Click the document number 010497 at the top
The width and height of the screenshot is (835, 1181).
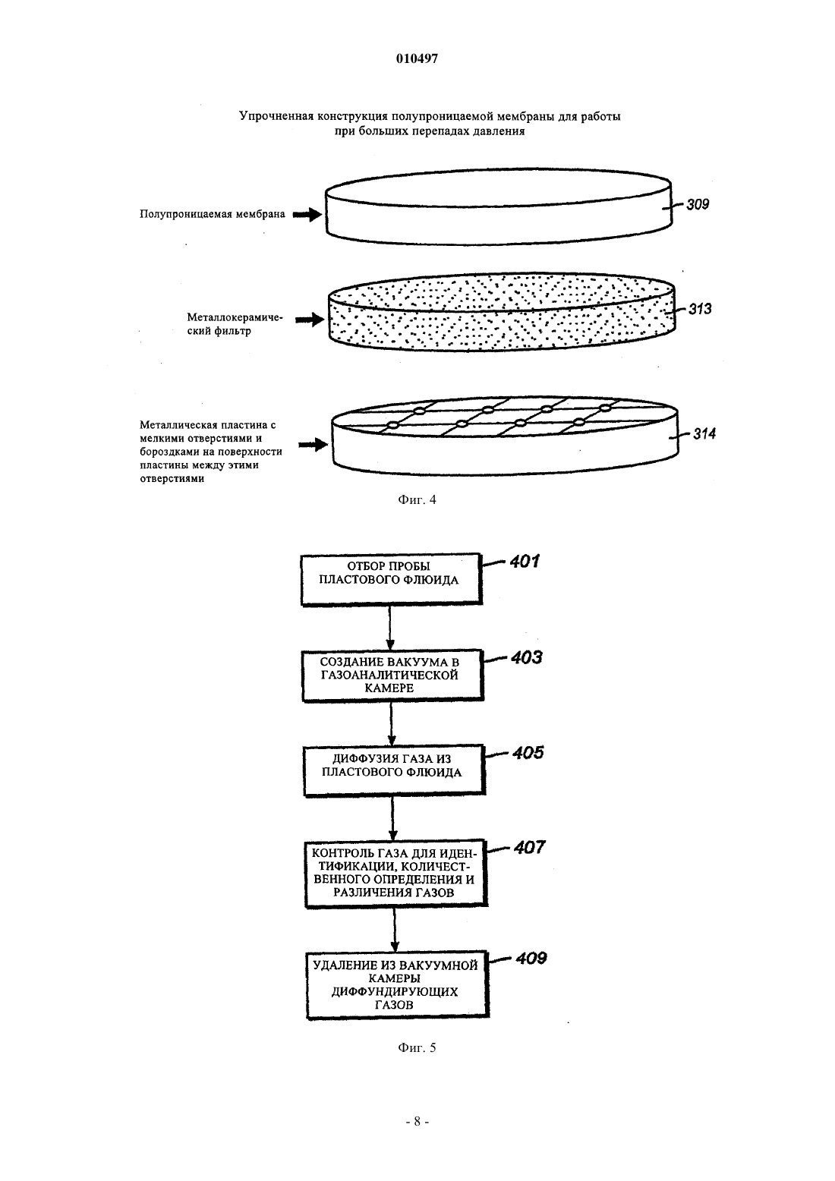pyautogui.click(x=417, y=58)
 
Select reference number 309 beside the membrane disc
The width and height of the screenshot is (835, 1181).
pyautogui.click(x=698, y=205)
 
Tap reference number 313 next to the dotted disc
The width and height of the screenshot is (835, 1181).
pyautogui.click(x=700, y=309)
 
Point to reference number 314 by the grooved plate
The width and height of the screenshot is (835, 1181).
pyautogui.click(x=704, y=434)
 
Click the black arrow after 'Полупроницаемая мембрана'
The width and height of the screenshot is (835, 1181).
pyautogui.click(x=307, y=214)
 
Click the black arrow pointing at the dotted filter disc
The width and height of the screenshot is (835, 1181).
pyautogui.click(x=310, y=320)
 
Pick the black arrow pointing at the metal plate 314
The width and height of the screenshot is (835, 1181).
pyautogui.click(x=313, y=445)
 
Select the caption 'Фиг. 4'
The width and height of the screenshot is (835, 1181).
pyautogui.click(x=417, y=500)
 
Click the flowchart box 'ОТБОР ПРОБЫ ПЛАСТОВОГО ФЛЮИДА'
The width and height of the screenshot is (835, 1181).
pyautogui.click(x=392, y=579)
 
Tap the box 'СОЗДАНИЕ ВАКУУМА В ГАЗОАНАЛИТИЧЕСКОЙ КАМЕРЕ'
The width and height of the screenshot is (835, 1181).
pyautogui.click(x=392, y=676)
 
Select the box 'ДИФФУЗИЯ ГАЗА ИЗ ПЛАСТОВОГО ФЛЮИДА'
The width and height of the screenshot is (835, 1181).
pyautogui.click(x=394, y=770)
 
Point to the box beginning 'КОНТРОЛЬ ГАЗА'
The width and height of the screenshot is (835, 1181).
pyautogui.click(x=396, y=873)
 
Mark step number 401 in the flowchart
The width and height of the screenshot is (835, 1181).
pyautogui.click(x=525, y=562)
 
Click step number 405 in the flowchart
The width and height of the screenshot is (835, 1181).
pyautogui.click(x=528, y=753)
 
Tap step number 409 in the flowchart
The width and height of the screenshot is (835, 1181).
pyautogui.click(x=531, y=958)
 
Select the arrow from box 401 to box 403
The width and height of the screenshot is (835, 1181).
pyautogui.click(x=390, y=628)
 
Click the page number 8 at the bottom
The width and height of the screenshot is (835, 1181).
pyautogui.click(x=417, y=1135)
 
